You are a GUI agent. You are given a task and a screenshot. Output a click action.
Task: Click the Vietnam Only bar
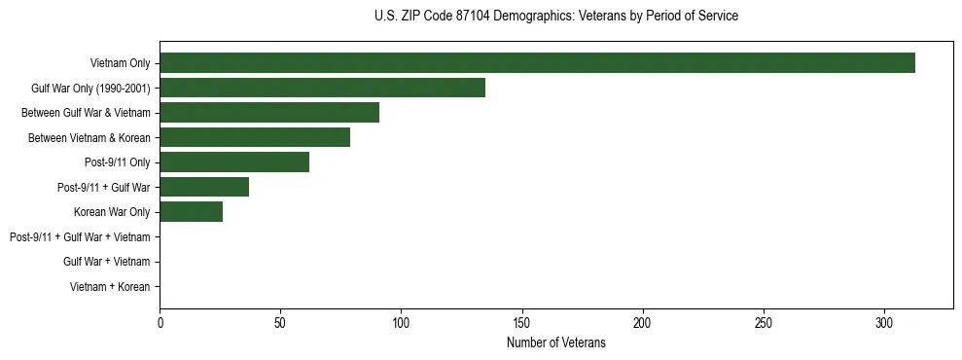coord(537,63)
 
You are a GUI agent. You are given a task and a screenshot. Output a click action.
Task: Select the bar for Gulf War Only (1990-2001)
coord(322,89)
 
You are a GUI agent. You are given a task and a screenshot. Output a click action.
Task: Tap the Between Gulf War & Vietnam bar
coord(269,113)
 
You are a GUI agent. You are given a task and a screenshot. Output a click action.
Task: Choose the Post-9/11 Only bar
coord(234,162)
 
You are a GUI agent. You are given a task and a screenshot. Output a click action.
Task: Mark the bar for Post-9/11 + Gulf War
coord(204,188)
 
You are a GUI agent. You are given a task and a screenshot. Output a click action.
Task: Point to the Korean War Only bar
coord(191,212)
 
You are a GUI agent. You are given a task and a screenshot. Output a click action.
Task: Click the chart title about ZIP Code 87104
coord(555,17)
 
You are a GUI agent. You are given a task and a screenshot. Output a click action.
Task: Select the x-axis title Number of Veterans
coord(555,342)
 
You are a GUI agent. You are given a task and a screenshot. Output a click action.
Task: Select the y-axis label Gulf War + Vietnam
coord(106,262)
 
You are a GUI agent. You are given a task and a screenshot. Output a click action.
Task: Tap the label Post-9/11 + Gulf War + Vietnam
coord(80,237)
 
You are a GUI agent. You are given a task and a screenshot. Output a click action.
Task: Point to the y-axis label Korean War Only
coord(112,212)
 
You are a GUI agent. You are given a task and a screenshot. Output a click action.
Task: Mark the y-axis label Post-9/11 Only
coord(118,162)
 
